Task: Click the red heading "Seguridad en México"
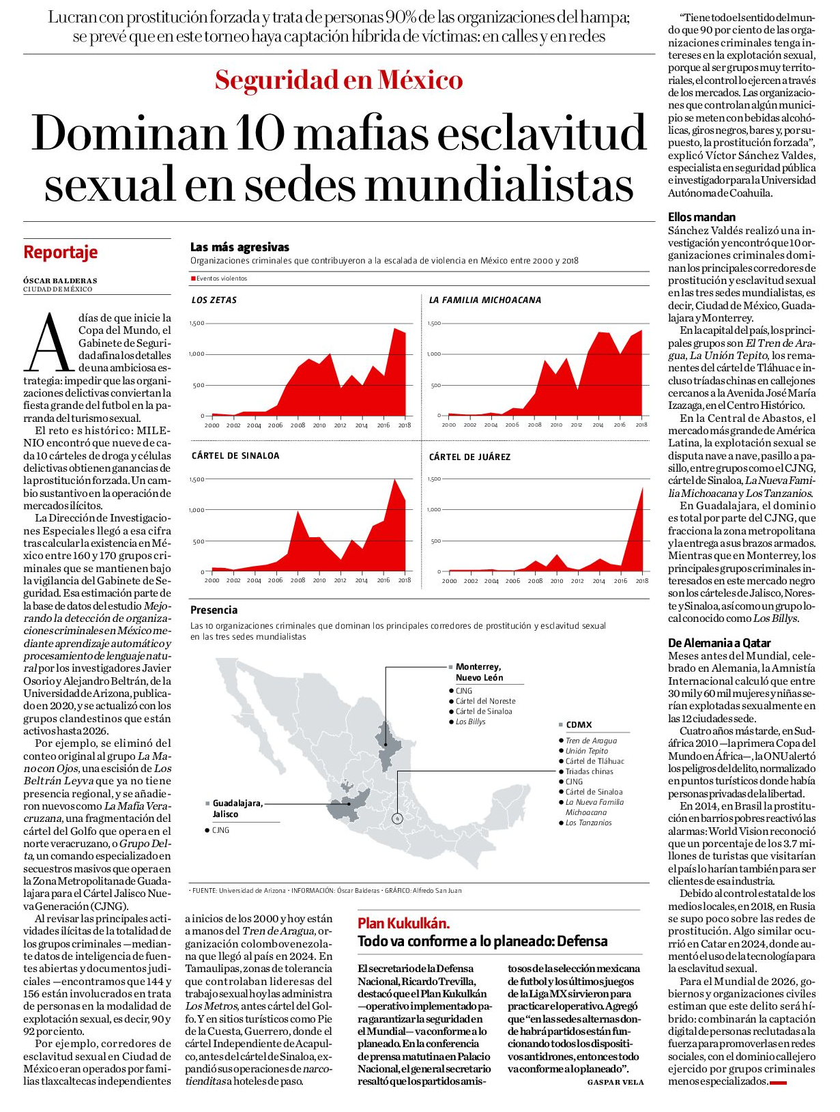(338, 80)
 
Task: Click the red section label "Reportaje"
(60, 252)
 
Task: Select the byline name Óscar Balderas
(60, 281)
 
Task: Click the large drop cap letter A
(50, 342)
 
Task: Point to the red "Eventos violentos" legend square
(193, 278)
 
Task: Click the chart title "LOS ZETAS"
(214, 300)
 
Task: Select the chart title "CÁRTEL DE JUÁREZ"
(469, 457)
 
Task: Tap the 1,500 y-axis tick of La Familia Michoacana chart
(435, 323)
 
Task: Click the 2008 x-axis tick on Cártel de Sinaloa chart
(298, 580)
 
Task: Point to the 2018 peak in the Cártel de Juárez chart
(643, 488)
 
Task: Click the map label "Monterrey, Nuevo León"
(479, 672)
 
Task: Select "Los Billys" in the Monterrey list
(470, 722)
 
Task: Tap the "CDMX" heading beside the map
(579, 725)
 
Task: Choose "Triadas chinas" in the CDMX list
(589, 771)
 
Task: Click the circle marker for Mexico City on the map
(397, 818)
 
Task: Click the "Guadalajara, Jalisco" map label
(237, 808)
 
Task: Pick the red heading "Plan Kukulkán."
(403, 923)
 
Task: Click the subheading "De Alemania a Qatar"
(719, 643)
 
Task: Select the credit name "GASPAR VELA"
(615, 1082)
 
